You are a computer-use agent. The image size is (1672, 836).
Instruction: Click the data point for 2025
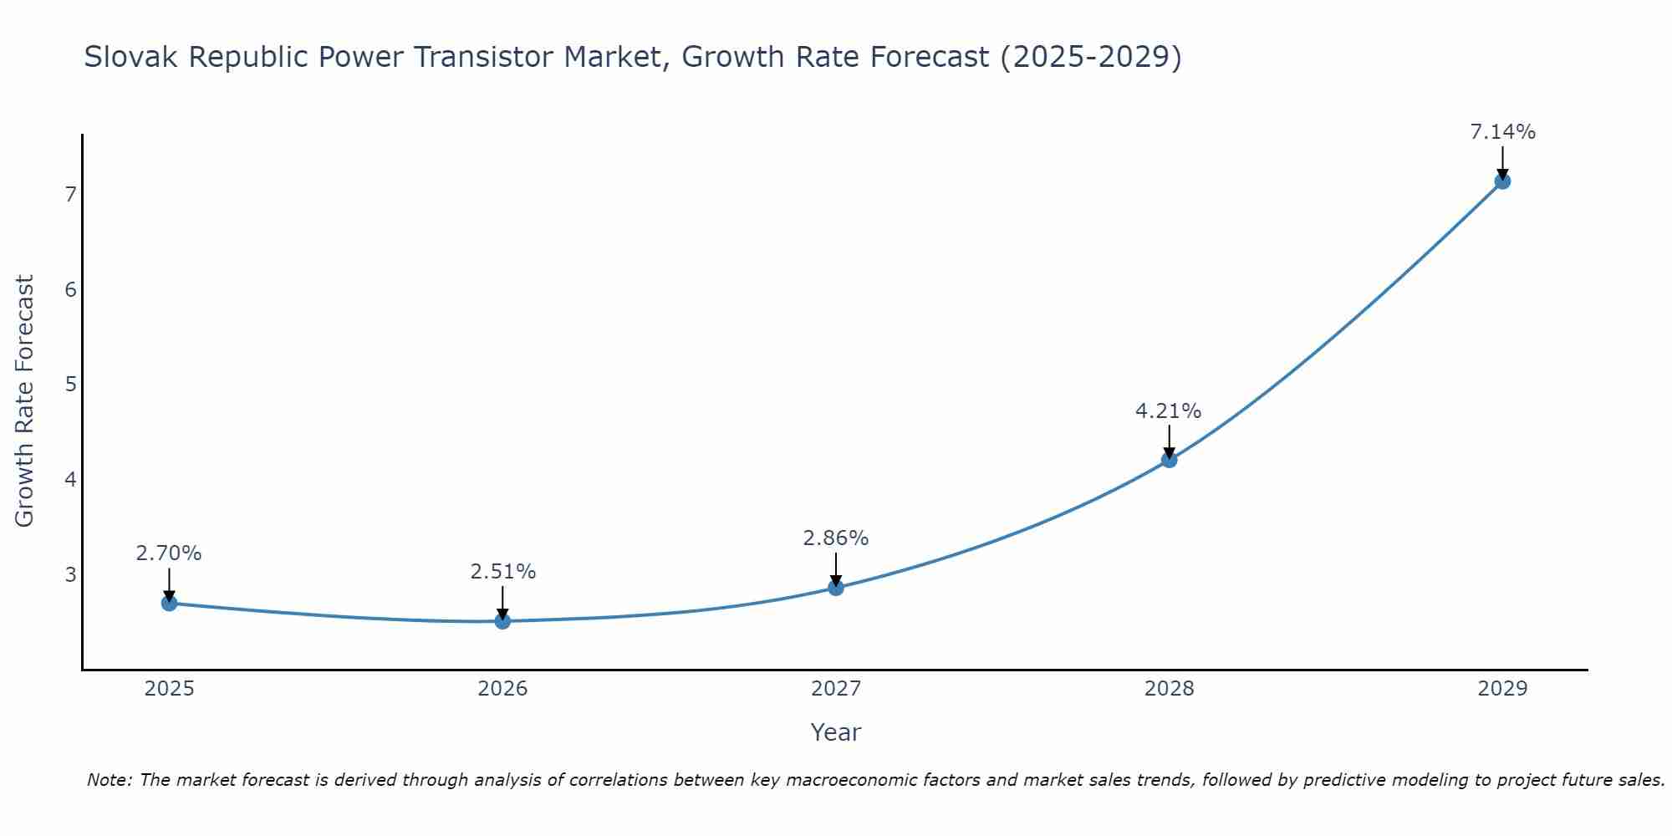point(169,603)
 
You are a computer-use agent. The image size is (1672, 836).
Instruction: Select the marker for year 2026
point(502,621)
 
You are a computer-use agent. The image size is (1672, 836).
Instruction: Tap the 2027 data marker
point(836,588)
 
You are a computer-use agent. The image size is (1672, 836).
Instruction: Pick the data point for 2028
point(1169,460)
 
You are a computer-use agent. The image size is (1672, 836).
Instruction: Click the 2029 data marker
point(1502,181)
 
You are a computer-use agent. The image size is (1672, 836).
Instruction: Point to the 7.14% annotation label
point(1502,132)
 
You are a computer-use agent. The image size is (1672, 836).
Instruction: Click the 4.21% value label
point(1168,411)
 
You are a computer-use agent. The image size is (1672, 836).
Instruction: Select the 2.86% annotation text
point(835,538)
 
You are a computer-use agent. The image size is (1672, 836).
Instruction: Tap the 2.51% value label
point(502,572)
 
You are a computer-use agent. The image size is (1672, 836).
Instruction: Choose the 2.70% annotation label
point(169,553)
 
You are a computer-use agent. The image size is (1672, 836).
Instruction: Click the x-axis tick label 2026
point(502,689)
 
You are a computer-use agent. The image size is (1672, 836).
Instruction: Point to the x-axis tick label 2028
point(1169,689)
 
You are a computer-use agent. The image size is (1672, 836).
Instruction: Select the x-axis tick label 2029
point(1502,689)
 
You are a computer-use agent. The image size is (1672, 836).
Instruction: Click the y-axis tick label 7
point(70,195)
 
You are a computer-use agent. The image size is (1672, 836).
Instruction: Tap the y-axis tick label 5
point(70,385)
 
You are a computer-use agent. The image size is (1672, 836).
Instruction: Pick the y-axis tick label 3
point(70,575)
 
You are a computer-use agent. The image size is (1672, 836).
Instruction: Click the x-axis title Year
point(835,732)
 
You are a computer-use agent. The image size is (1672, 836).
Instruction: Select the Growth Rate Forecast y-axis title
point(25,401)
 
